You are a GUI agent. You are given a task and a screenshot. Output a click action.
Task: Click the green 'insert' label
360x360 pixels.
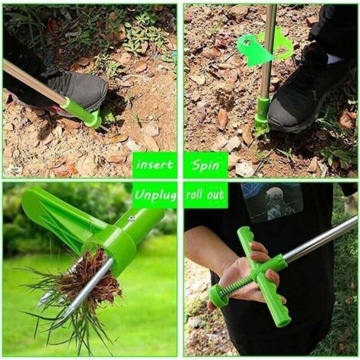click(x=155, y=165)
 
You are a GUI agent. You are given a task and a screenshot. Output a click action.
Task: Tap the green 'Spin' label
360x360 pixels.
click(x=205, y=165)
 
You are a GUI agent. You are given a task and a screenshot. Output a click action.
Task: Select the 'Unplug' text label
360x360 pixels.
click(x=155, y=195)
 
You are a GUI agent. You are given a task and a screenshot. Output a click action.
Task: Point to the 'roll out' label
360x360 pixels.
click(x=205, y=195)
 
